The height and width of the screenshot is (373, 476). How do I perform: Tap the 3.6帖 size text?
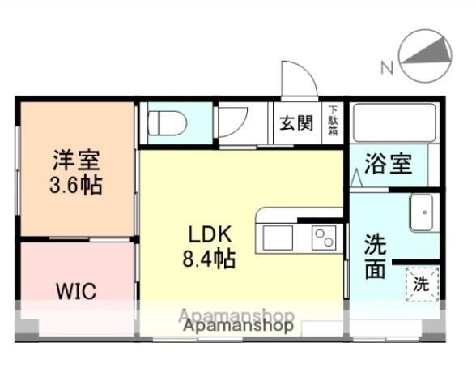(x=76, y=185)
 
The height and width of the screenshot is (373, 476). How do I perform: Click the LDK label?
(x=210, y=235)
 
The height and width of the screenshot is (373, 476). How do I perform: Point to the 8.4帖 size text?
(x=211, y=259)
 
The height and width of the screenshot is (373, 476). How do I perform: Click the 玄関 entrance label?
(x=296, y=123)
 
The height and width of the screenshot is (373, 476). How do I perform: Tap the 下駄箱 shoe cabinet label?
(x=334, y=122)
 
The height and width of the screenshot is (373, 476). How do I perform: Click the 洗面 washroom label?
(x=375, y=255)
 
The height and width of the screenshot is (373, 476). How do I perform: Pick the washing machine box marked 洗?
(x=421, y=285)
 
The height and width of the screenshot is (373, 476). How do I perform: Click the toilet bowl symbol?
(x=168, y=123)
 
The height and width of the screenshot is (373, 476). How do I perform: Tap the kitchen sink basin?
(x=276, y=238)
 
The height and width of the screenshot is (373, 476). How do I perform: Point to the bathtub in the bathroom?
(x=392, y=121)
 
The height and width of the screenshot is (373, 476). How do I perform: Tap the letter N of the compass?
(x=386, y=68)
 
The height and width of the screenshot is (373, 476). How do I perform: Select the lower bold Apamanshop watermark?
(x=237, y=326)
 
